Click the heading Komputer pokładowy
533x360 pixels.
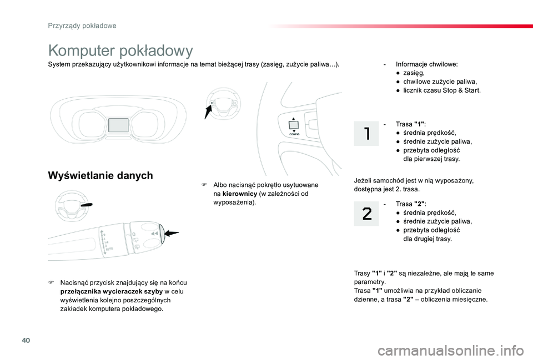pyautogui.click(x=120, y=50)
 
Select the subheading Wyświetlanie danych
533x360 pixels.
pyautogui.click(x=100, y=176)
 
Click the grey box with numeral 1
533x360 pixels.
pyautogui.click(x=368, y=134)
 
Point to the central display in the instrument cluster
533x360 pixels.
pyautogui.click(x=118, y=124)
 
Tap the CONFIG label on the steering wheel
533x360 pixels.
pyautogui.click(x=294, y=134)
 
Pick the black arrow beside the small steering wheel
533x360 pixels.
pyautogui.click(x=208, y=111)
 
